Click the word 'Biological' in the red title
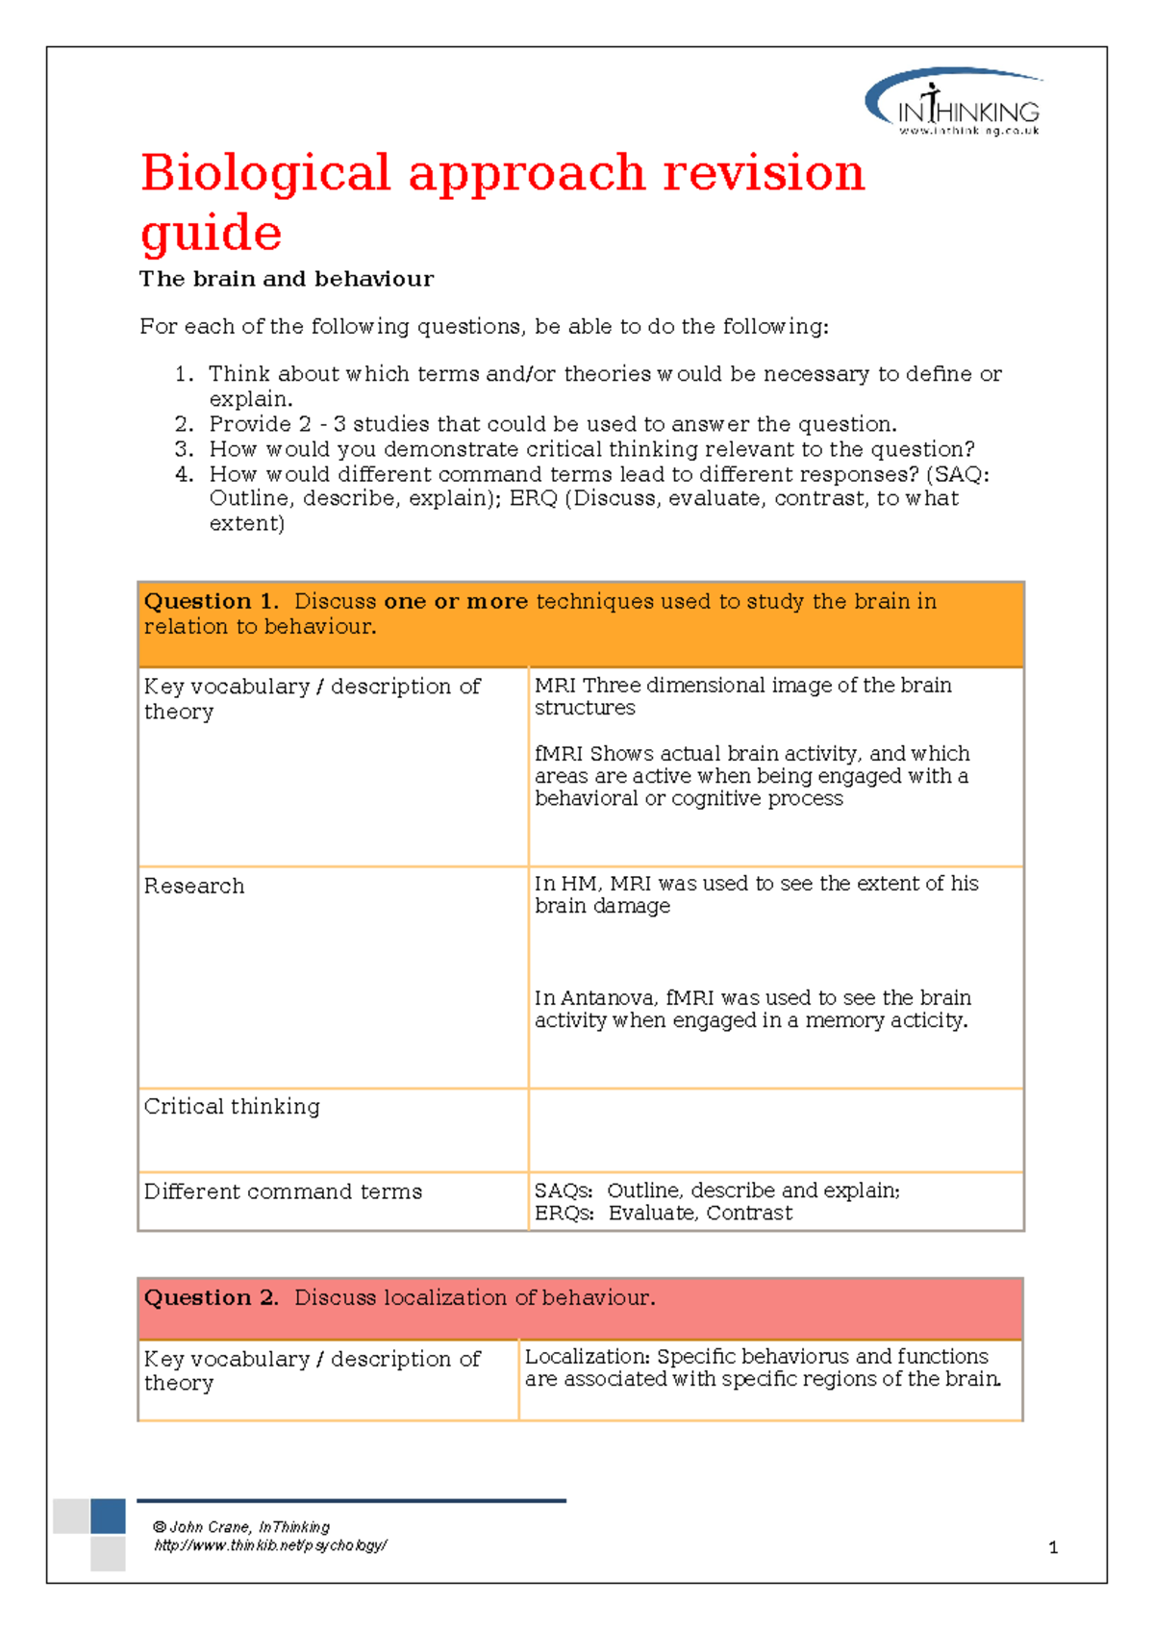point(264,174)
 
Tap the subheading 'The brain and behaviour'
point(286,279)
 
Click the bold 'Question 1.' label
point(211,602)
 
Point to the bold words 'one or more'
point(455,602)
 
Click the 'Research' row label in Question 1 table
point(194,886)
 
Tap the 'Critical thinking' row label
point(232,1107)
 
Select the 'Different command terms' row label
point(283,1191)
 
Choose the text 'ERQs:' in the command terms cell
point(564,1214)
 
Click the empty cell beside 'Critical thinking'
point(774,1130)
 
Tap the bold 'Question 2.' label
point(211,1298)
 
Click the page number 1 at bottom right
point(1053,1547)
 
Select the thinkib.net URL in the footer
point(270,1545)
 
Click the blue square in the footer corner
point(108,1516)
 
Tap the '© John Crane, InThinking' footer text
point(241,1527)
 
